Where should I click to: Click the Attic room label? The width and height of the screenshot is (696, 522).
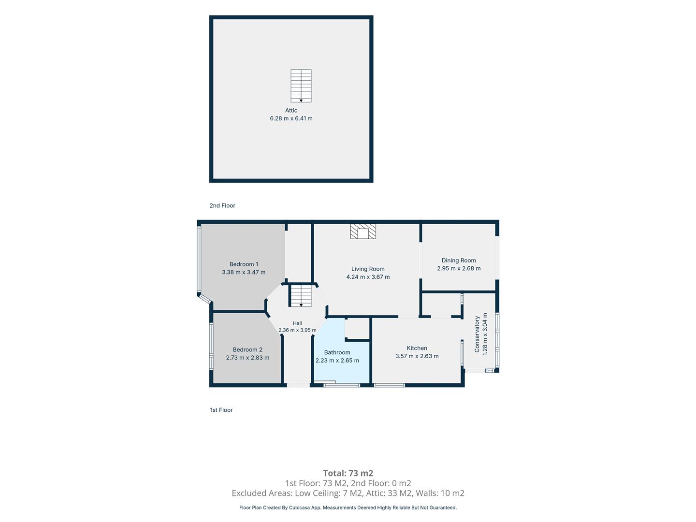click(291, 110)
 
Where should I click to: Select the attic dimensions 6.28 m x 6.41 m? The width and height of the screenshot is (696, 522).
click(291, 118)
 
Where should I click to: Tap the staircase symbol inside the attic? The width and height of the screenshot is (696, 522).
click(301, 86)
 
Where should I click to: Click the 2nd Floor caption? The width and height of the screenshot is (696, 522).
click(222, 205)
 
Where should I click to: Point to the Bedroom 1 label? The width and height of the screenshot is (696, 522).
click(244, 264)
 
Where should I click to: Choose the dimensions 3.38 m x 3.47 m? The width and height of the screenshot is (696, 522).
click(244, 272)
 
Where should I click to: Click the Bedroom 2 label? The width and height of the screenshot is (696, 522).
click(247, 349)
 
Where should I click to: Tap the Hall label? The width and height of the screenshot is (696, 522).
click(297, 323)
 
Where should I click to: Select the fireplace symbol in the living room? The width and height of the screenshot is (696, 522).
click(363, 232)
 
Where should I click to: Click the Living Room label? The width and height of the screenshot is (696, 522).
click(368, 269)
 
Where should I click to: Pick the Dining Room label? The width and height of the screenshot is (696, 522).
click(459, 261)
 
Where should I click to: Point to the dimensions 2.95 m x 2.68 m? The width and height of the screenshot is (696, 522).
click(459, 268)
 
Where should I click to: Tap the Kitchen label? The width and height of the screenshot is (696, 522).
click(417, 348)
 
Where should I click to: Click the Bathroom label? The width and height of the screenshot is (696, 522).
click(337, 352)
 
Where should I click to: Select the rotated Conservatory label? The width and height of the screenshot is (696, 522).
click(477, 334)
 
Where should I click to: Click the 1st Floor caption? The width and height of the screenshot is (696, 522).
click(221, 410)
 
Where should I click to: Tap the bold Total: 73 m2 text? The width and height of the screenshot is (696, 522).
click(348, 473)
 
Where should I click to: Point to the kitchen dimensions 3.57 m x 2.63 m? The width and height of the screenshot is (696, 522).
click(417, 356)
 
